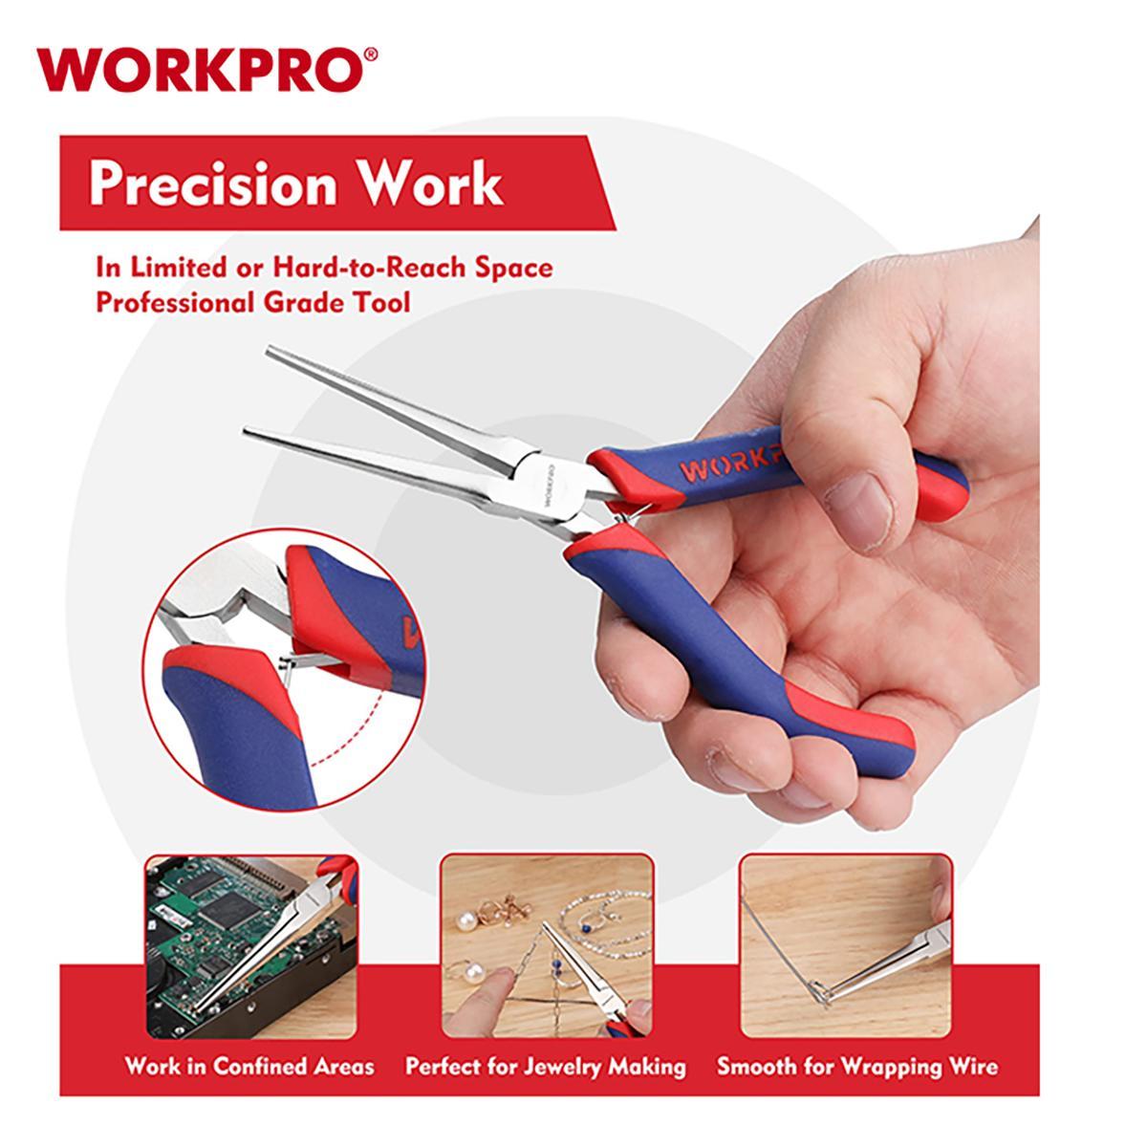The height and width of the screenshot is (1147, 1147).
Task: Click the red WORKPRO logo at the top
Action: [x=206, y=70]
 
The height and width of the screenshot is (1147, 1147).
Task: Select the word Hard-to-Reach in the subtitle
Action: [x=367, y=268]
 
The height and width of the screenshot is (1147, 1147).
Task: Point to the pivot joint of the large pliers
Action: [x=551, y=487]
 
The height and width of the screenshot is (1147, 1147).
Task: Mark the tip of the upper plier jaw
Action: [x=269, y=350]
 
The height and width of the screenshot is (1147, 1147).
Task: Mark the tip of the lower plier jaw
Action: [x=247, y=431]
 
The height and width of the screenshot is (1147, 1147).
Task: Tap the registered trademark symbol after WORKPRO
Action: [x=370, y=54]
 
